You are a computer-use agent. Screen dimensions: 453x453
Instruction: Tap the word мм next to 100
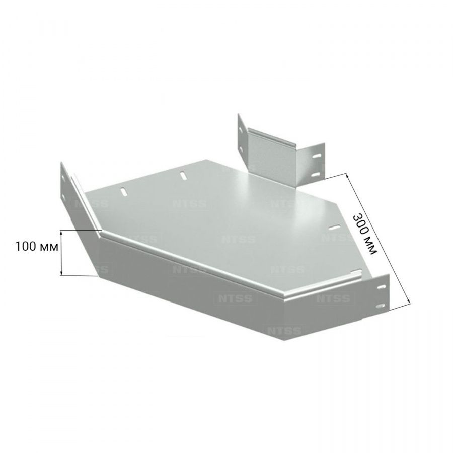[x=48, y=248]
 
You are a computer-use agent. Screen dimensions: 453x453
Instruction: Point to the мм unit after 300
[x=372, y=246]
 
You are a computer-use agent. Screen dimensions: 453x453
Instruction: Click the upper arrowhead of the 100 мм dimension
[x=61, y=233]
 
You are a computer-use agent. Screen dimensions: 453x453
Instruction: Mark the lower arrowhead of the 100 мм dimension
[x=61, y=272]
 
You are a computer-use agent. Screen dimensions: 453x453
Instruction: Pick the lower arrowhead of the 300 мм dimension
[x=408, y=299]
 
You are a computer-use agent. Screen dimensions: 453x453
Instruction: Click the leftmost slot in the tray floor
[x=124, y=192]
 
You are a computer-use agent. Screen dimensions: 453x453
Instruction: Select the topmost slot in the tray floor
[x=183, y=176]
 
